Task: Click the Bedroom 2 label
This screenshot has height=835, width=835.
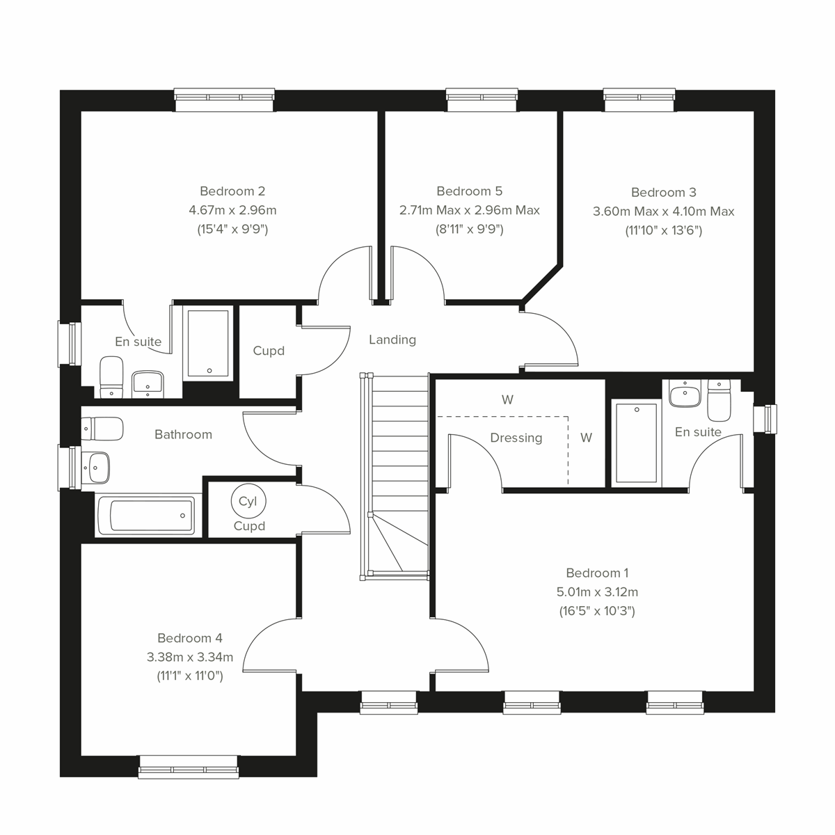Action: pyautogui.click(x=232, y=191)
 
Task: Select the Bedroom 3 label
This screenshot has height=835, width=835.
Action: pyautogui.click(x=663, y=192)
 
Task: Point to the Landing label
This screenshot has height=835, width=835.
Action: pyautogui.click(x=392, y=340)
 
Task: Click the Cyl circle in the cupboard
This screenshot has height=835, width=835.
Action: pyautogui.click(x=248, y=501)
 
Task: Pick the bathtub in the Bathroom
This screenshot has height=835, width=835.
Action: pyautogui.click(x=145, y=516)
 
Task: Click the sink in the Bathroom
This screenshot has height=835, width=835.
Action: pyautogui.click(x=96, y=467)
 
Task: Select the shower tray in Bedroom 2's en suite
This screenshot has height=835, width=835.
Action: pyautogui.click(x=207, y=344)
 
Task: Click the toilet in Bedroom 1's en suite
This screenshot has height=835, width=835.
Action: pyautogui.click(x=717, y=399)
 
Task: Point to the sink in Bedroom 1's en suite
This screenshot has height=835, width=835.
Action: pyautogui.click(x=684, y=394)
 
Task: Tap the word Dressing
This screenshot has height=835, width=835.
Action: pyautogui.click(x=516, y=438)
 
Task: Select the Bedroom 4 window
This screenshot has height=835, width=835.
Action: pyautogui.click(x=188, y=766)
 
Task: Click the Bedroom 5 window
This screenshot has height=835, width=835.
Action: pyautogui.click(x=482, y=100)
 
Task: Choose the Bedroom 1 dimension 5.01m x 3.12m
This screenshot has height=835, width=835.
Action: pyautogui.click(x=597, y=592)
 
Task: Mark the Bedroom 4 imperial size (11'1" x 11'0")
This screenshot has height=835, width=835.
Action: pyautogui.click(x=190, y=676)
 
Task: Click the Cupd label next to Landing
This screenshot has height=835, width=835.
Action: pyautogui.click(x=269, y=351)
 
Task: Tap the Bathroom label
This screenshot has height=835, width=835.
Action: pyautogui.click(x=183, y=434)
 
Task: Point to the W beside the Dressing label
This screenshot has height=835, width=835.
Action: pyautogui.click(x=587, y=438)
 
